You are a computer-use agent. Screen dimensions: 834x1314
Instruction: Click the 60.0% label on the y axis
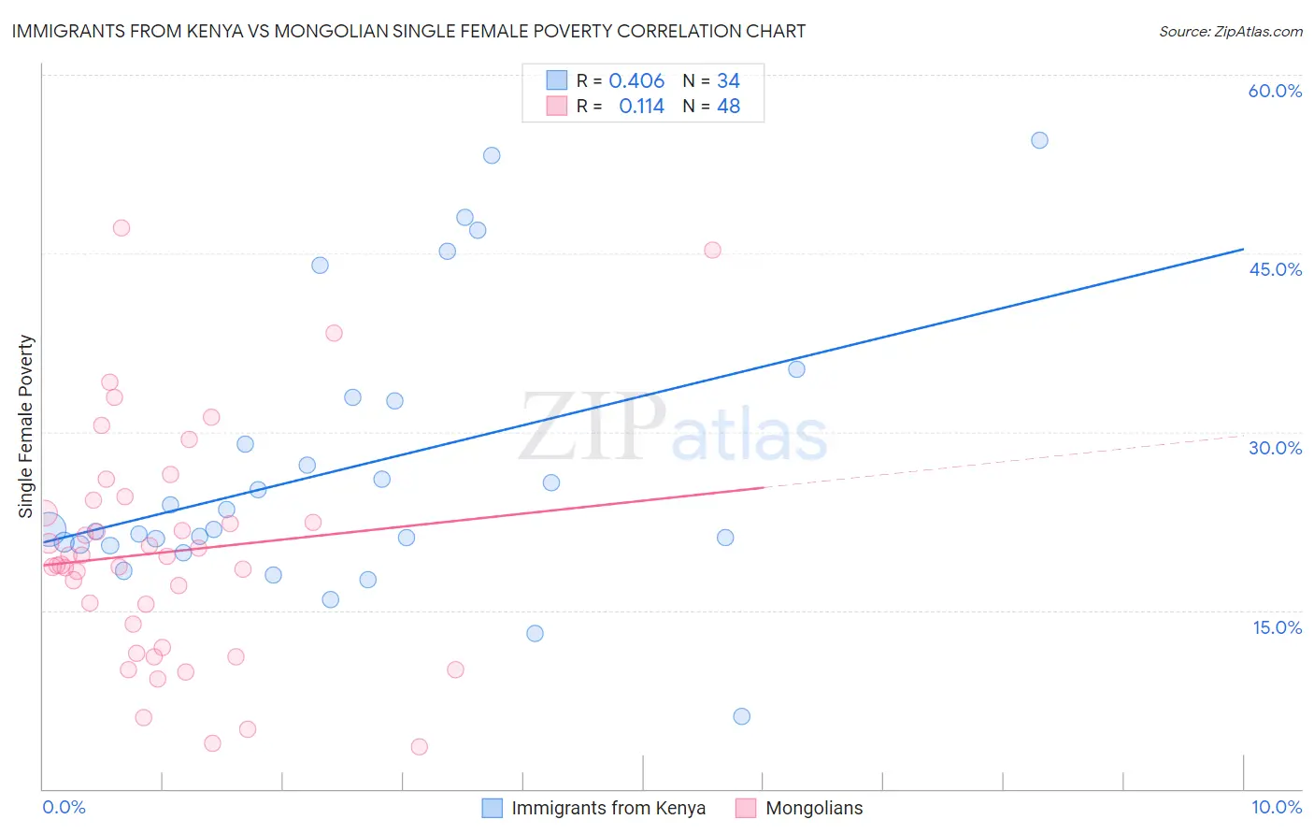(x=1275, y=91)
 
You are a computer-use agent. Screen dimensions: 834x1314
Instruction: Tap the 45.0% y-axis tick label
(x=1275, y=269)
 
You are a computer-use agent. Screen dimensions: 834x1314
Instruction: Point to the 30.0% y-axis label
(x=1275, y=448)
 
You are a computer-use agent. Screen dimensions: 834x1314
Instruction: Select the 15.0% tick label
(x=1277, y=627)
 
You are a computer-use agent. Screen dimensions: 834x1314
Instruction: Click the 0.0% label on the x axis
(x=64, y=807)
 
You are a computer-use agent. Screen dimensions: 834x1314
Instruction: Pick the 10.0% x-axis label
(x=1276, y=807)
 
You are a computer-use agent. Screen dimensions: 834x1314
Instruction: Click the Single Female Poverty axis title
(x=26, y=426)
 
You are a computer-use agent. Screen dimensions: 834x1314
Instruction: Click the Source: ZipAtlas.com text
(x=1230, y=31)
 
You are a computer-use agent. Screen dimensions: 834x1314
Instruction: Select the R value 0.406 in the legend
(x=636, y=81)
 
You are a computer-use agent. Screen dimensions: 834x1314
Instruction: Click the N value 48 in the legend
(x=728, y=107)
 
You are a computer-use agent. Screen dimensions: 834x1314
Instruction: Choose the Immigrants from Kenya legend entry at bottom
(x=607, y=808)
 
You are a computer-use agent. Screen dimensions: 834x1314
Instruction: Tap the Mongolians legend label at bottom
(x=813, y=808)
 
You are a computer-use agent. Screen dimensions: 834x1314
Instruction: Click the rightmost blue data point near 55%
(x=1039, y=140)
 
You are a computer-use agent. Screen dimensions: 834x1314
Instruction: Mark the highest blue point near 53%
(x=492, y=155)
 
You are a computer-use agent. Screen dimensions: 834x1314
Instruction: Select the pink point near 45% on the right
(x=712, y=250)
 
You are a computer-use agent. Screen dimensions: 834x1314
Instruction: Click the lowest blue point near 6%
(x=741, y=716)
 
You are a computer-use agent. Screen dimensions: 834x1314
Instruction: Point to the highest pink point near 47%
(x=121, y=227)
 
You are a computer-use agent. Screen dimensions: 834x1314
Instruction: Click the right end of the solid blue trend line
(x=1243, y=249)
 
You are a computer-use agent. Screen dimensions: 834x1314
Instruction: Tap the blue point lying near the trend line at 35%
(x=796, y=369)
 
